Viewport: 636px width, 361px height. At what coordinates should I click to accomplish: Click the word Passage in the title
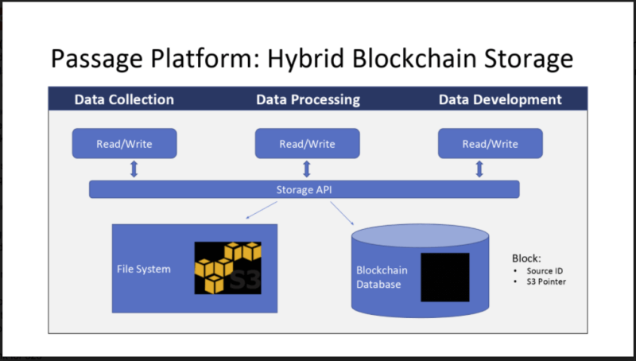[x=96, y=59]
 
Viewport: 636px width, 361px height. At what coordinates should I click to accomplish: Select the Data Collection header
[x=124, y=99]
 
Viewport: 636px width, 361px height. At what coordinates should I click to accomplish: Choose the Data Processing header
[x=308, y=99]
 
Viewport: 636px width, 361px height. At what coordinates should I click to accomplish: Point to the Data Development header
[x=500, y=99]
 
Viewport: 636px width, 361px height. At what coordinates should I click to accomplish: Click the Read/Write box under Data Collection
[x=125, y=144]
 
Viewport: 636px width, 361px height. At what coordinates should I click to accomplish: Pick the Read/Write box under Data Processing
[x=308, y=144]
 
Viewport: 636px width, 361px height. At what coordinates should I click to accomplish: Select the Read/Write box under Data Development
[x=491, y=144]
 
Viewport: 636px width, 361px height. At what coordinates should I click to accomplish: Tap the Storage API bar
[x=304, y=189]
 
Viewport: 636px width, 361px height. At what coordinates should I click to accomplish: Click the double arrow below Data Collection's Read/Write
[x=134, y=169]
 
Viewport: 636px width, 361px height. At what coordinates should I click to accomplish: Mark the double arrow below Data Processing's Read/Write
[x=307, y=169]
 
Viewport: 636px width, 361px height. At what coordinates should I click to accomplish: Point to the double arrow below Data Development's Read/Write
[x=479, y=169]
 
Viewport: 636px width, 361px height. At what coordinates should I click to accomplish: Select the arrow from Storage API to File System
[x=262, y=210]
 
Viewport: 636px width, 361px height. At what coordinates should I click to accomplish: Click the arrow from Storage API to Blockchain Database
[x=342, y=213]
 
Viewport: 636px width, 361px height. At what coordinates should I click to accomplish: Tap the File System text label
[x=144, y=270]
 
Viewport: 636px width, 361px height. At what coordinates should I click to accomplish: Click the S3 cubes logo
[x=228, y=268]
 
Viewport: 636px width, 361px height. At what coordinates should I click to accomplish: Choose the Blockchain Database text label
[x=382, y=278]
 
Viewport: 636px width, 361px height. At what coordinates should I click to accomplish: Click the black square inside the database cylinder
[x=445, y=278]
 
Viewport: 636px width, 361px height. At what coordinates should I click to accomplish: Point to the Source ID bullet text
[x=545, y=271]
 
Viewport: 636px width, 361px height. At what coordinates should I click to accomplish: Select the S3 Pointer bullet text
[x=546, y=281]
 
